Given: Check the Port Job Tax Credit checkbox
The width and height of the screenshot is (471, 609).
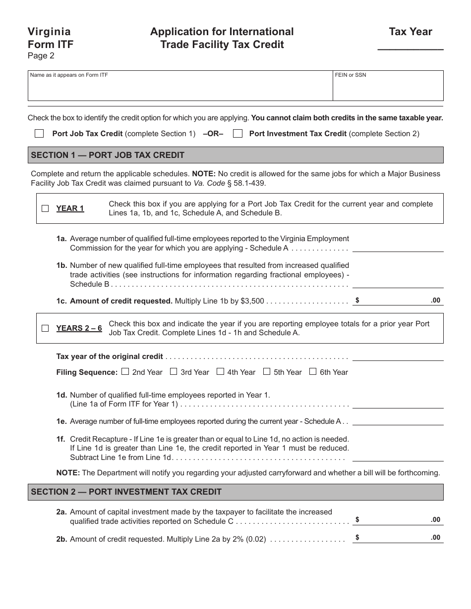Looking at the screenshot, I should (39, 134).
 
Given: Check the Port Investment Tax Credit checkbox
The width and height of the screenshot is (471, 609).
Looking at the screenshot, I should (237, 134).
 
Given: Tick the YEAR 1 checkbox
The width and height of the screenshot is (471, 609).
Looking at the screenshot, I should (45, 208).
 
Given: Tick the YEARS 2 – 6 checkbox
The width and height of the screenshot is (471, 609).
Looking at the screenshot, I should (45, 328).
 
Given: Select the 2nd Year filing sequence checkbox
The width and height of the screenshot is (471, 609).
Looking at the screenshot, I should (125, 372).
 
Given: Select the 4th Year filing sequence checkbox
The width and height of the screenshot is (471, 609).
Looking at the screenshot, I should (220, 372).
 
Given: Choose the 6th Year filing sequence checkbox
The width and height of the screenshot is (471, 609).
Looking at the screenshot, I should (313, 372).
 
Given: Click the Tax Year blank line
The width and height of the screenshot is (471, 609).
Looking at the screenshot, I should (411, 45).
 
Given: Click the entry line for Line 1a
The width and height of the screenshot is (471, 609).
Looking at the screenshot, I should (398, 247).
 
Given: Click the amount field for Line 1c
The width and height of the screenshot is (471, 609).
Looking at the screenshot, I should (398, 301).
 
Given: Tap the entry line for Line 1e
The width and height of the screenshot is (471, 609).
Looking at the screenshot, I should (398, 421).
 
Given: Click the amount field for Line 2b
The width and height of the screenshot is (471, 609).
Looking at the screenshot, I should (398, 537).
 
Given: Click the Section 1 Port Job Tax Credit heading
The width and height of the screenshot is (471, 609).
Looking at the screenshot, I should (108, 155).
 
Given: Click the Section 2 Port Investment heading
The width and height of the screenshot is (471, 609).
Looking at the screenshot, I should (126, 492).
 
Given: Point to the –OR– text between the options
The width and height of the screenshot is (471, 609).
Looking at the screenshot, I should (213, 134).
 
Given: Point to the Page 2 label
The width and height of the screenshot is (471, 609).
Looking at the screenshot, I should (41, 56).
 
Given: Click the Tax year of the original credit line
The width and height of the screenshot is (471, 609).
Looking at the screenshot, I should (398, 356).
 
